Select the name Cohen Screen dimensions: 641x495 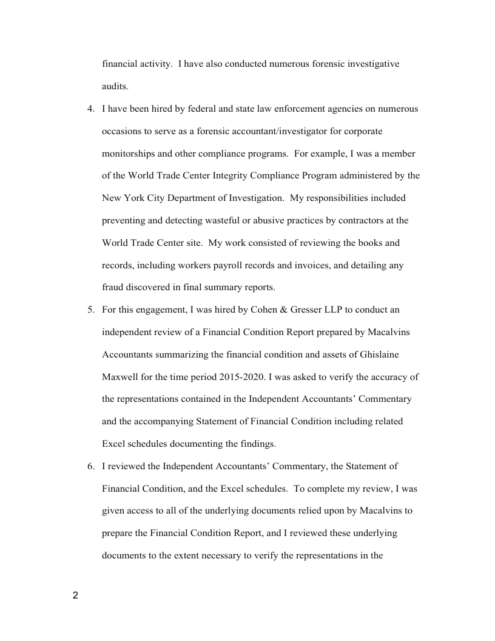pos(263,310)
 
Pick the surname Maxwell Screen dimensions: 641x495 pos(121,377)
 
